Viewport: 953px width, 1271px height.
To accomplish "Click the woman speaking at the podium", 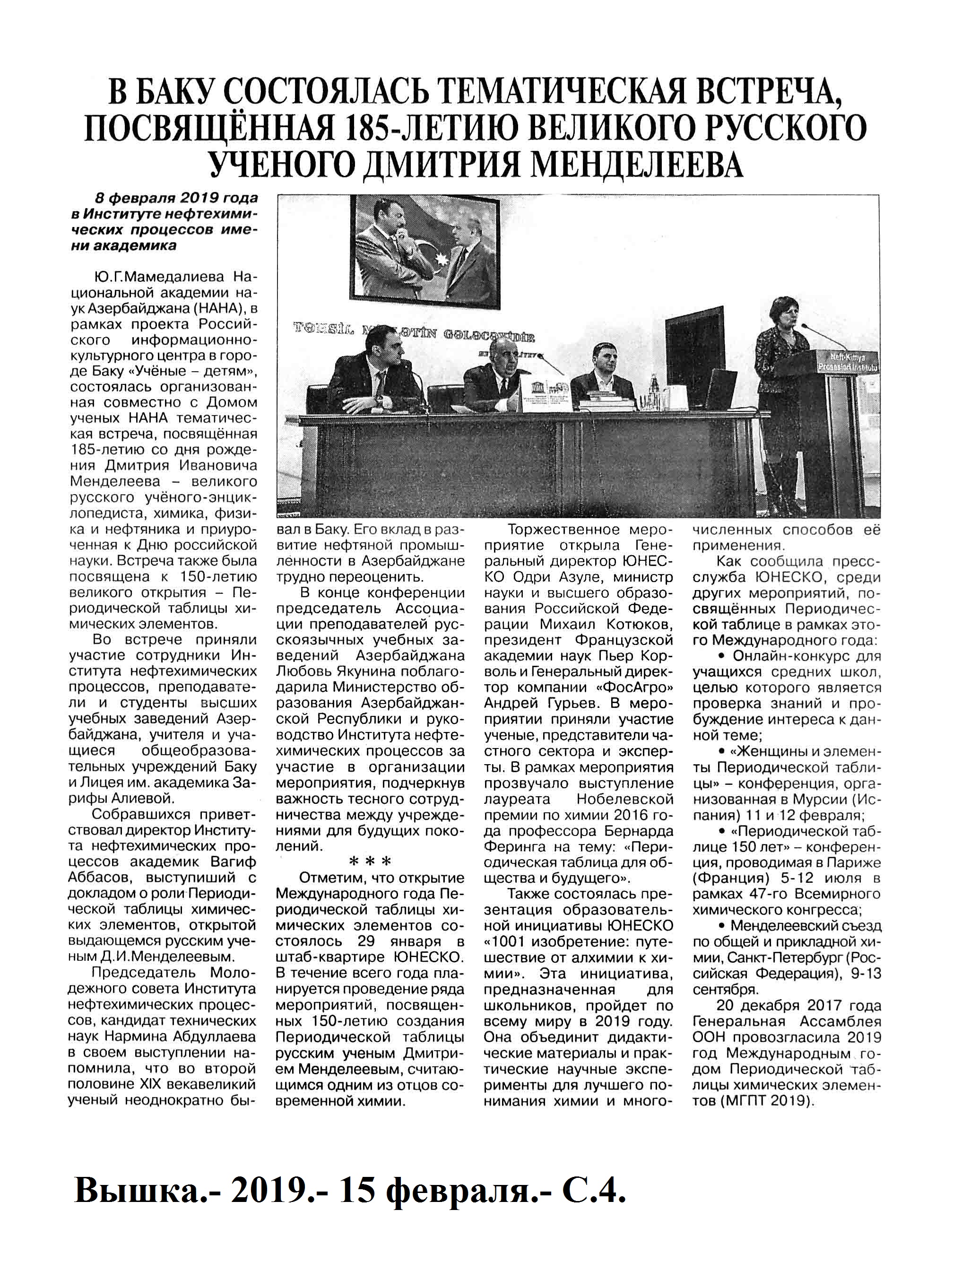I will coord(779,379).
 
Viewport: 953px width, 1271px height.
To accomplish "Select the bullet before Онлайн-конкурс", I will coord(721,657).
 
